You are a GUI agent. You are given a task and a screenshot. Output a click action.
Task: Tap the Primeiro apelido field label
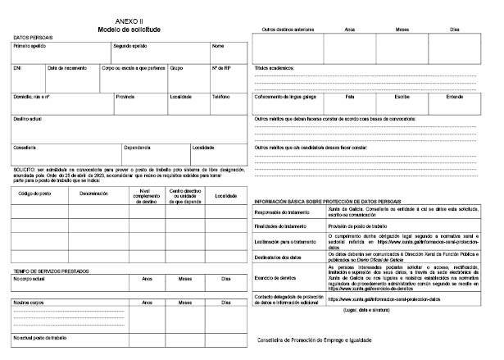(x=29, y=46)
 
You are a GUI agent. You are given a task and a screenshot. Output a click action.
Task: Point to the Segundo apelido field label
(x=129, y=46)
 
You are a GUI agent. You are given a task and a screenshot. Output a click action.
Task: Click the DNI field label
(x=17, y=68)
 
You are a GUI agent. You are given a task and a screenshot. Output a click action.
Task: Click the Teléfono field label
(x=221, y=97)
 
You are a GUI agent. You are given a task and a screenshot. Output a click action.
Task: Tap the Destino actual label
(x=29, y=118)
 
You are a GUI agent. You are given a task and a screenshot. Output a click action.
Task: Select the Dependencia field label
(x=137, y=148)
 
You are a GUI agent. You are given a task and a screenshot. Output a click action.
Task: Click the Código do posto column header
(x=34, y=194)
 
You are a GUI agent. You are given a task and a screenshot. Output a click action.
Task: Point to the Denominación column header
(x=94, y=194)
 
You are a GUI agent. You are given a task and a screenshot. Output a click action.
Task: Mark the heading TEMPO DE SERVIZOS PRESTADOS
(x=51, y=270)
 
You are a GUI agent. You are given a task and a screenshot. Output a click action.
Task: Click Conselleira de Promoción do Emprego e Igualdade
(x=315, y=339)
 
